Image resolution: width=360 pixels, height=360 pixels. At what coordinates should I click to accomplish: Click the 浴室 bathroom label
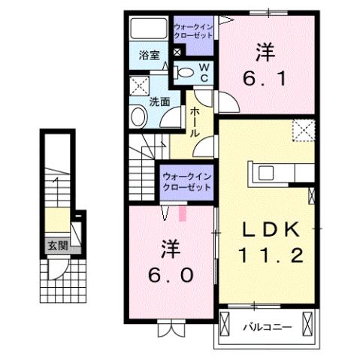pyautogui.click(x=149, y=55)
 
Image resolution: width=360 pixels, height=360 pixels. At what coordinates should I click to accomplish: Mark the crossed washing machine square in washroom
pyautogui.click(x=138, y=84)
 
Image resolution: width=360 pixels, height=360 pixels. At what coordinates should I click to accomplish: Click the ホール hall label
pyautogui.click(x=194, y=121)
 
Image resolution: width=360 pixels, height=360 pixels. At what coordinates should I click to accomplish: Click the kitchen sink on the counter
pyautogui.click(x=266, y=172)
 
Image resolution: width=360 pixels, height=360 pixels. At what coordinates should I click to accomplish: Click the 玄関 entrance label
pyautogui.click(x=56, y=245)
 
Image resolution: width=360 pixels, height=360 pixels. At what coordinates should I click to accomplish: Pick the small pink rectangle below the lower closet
pyautogui.click(x=182, y=215)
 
